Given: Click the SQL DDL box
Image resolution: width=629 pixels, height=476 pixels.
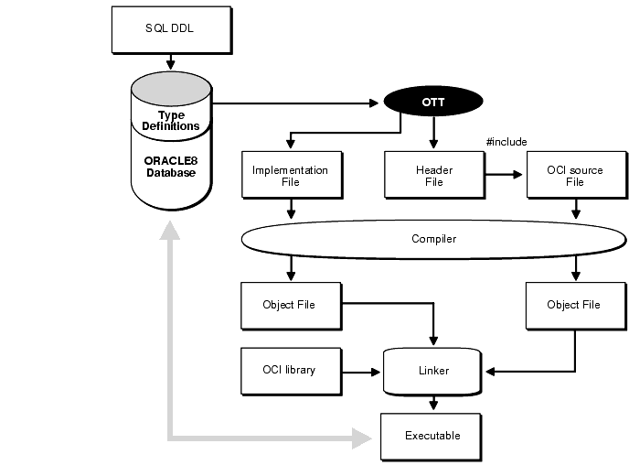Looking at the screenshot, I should (169, 28).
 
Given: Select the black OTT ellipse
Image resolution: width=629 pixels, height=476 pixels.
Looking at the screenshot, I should (432, 103).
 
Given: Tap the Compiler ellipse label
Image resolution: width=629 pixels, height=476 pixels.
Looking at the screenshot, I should (433, 239).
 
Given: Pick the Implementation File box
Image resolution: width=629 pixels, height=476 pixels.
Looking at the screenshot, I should (290, 176).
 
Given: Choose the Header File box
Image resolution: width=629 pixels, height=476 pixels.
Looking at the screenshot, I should (434, 176).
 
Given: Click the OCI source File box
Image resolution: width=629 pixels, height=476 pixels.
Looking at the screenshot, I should (574, 176).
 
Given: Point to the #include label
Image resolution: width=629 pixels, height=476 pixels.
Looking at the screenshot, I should (507, 141).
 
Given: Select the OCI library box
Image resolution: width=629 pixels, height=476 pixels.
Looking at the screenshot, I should (289, 370).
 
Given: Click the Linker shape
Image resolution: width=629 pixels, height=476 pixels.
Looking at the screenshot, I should (433, 370).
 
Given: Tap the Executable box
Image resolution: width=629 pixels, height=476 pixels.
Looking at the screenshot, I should (432, 435).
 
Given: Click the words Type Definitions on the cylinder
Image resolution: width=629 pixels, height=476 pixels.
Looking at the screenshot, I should (170, 120).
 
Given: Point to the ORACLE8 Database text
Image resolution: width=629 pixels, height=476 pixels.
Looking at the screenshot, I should (170, 166).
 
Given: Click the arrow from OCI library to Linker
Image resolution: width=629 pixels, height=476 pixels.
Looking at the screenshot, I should (360, 372).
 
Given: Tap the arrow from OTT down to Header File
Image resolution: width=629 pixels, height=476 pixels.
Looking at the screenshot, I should (433, 134).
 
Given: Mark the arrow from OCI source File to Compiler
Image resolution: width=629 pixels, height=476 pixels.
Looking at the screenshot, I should (575, 210).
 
